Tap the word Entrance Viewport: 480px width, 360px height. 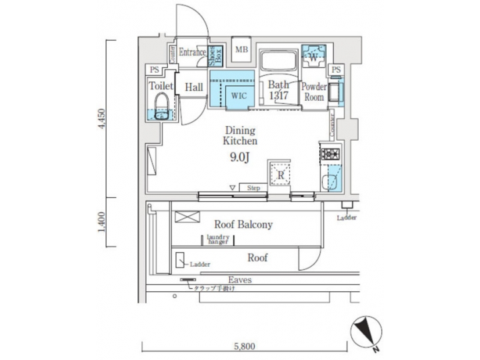(192, 51)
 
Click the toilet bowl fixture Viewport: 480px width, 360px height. (161, 105)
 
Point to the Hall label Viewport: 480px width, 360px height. (194, 87)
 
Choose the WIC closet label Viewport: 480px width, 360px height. (238, 96)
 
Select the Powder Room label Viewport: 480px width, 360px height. (313, 91)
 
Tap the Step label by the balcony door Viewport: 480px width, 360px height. (253, 189)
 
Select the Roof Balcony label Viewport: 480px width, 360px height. (243, 225)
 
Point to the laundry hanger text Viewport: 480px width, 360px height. (218, 240)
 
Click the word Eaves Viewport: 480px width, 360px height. (240, 280)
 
